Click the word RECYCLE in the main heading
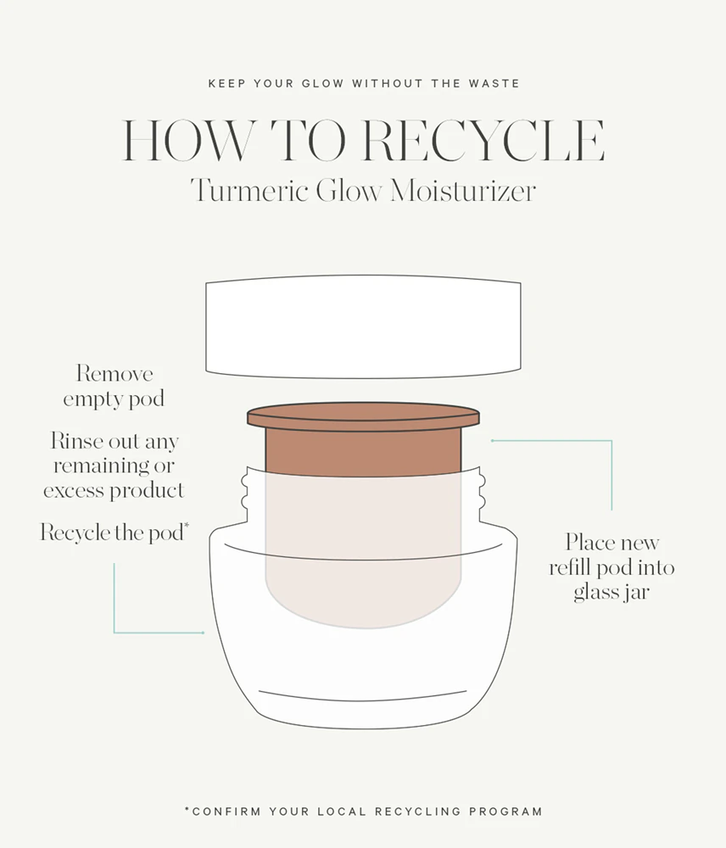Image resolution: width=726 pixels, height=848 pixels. point(483,141)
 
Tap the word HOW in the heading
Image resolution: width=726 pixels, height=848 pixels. point(187,141)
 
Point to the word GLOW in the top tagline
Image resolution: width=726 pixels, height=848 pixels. point(322,84)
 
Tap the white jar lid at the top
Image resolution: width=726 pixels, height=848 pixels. point(363,326)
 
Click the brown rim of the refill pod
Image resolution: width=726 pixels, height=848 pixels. point(363,416)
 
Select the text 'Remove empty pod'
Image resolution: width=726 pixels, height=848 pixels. point(114,386)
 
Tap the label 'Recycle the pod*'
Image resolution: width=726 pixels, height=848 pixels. point(114,533)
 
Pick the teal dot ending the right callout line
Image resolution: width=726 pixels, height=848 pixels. point(492,441)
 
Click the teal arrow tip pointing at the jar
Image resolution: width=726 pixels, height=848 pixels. point(203,633)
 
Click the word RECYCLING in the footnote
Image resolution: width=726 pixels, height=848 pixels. point(417,812)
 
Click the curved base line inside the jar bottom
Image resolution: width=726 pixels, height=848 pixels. point(362,696)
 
